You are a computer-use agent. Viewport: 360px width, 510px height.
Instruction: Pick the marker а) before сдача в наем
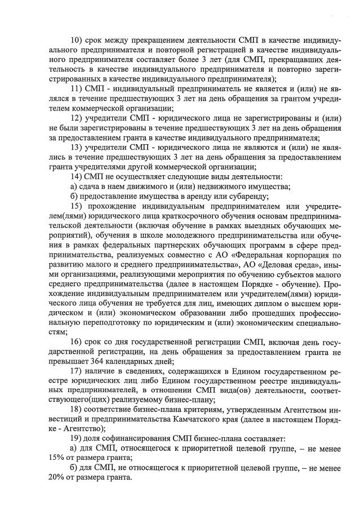point(74,187)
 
